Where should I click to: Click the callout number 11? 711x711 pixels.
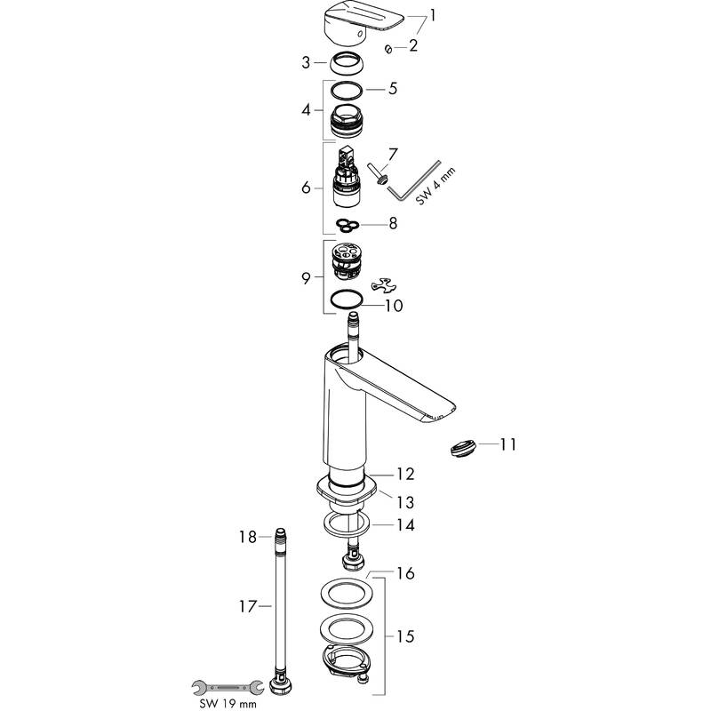point(507,444)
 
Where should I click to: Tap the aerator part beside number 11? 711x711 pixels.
point(464,448)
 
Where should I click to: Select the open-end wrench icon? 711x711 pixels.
point(228,688)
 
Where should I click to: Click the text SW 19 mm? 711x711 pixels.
point(228,704)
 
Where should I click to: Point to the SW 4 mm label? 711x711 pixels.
point(435,186)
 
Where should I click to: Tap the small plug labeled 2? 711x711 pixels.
point(388,49)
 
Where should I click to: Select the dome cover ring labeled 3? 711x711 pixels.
point(347,63)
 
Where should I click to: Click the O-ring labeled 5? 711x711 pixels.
point(347,90)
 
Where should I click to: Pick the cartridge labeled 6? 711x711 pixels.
point(348,177)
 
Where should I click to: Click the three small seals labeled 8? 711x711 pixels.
point(348,225)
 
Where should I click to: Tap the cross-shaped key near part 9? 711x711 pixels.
point(382,284)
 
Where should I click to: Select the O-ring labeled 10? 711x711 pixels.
point(347,300)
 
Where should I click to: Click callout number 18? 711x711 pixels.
point(248,537)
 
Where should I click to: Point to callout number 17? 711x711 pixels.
point(248,606)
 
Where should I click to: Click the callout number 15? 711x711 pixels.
point(405,636)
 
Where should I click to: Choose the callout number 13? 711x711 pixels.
point(405,502)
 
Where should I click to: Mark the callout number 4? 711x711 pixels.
point(307,109)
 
